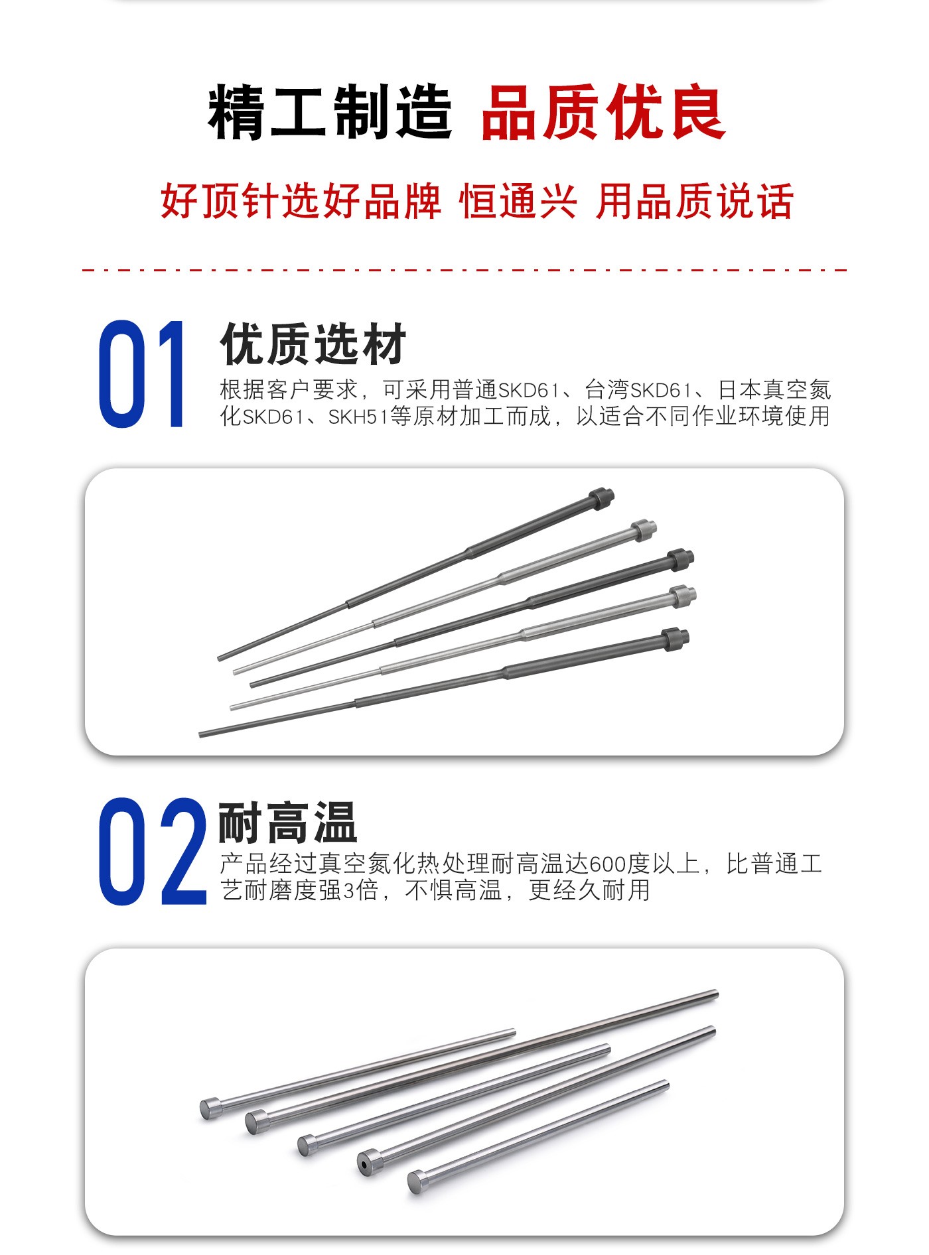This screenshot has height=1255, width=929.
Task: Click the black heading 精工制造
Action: coord(330,112)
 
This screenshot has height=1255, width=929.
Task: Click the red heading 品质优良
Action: coord(603,112)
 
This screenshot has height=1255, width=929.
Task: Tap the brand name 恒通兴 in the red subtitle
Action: coord(518,201)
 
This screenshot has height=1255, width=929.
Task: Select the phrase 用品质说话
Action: coord(695,201)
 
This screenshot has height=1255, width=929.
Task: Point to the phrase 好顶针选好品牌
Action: coord(301,201)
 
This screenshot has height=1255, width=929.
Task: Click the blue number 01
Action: coord(141,374)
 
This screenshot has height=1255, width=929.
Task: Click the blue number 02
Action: coord(153,851)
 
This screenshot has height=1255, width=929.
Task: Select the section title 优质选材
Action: coord(313,344)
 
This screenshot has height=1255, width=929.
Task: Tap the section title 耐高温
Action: coord(288,823)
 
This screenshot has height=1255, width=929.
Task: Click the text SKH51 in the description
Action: coord(358,417)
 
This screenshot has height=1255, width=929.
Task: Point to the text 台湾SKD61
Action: coord(638,389)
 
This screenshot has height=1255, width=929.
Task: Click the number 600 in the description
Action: coord(607,864)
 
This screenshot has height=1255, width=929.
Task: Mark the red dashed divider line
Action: coord(464,270)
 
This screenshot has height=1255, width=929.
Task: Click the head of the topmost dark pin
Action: coord(601,498)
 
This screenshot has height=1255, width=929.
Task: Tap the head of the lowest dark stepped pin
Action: coord(676,640)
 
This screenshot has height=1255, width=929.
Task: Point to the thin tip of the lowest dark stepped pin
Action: coord(202,734)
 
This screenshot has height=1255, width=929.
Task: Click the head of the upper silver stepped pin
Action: coord(644,531)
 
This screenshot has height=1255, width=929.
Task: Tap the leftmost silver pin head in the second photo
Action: coord(212,1108)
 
